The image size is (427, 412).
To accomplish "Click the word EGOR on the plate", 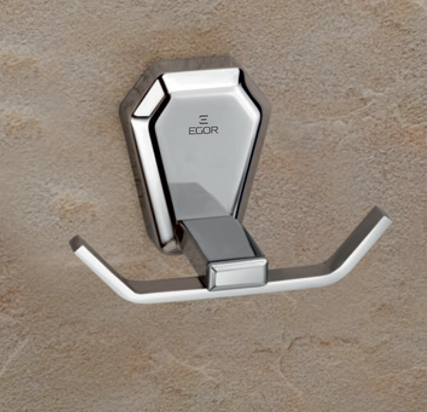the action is pos(203,130).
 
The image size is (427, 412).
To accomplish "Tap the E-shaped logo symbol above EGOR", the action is pos(203,120).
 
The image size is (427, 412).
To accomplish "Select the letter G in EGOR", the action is pos(199,130).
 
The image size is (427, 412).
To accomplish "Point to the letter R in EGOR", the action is pos(215,130).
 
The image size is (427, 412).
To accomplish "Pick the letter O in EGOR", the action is pos(207,130).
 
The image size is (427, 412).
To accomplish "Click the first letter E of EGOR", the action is pos(191,130).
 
